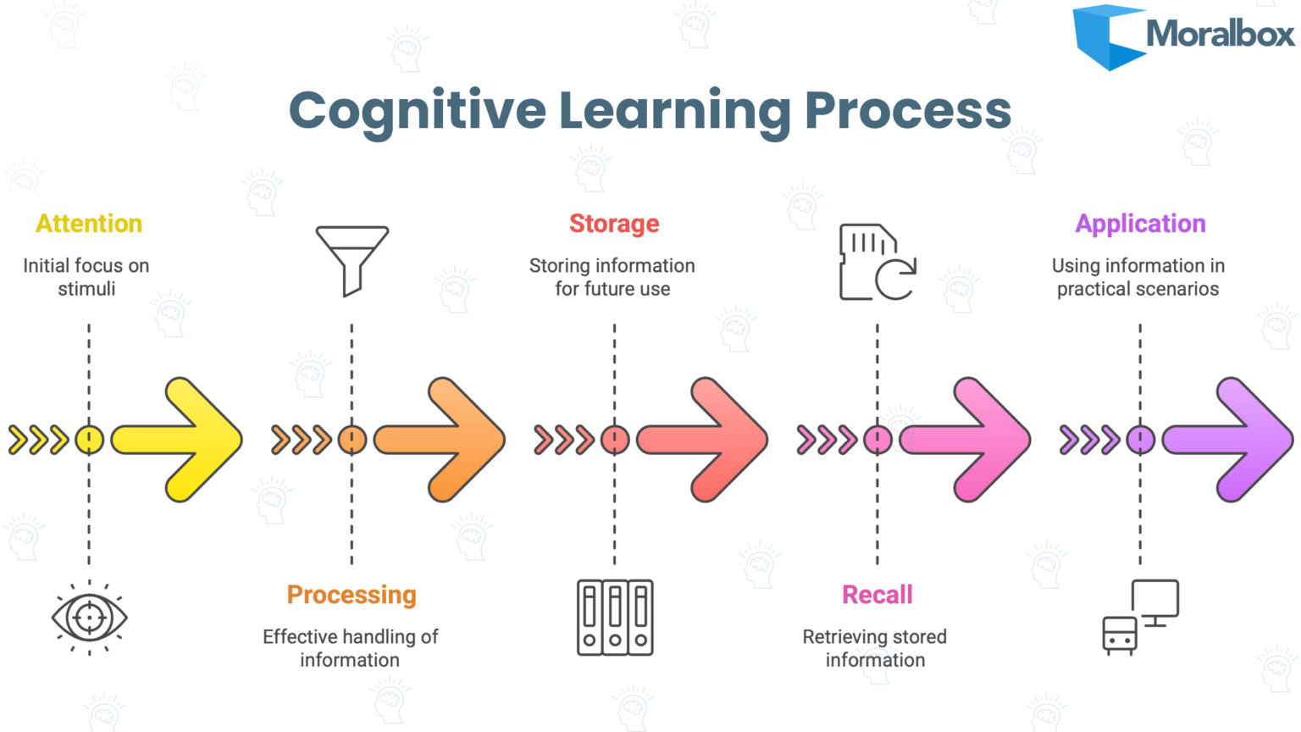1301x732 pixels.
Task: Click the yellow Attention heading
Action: (x=89, y=224)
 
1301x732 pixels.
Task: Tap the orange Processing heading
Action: (x=352, y=595)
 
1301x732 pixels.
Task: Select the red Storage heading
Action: (x=614, y=224)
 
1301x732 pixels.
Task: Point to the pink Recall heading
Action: (x=877, y=595)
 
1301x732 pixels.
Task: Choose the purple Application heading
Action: (x=1140, y=224)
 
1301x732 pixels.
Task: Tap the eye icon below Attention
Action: (x=89, y=618)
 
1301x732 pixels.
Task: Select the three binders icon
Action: (x=615, y=618)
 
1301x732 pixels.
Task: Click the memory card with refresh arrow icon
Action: (x=877, y=263)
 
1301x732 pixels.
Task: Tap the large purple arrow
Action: (x=1232, y=440)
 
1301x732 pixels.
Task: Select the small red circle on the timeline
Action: (x=615, y=440)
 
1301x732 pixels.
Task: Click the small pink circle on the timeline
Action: (x=877, y=440)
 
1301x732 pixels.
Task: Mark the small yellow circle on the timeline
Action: (x=89, y=440)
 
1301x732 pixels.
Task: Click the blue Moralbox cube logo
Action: (x=1107, y=36)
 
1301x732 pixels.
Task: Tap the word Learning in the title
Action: (x=674, y=111)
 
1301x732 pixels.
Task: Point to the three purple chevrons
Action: (x=1089, y=440)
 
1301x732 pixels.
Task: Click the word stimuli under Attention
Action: (x=86, y=289)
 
